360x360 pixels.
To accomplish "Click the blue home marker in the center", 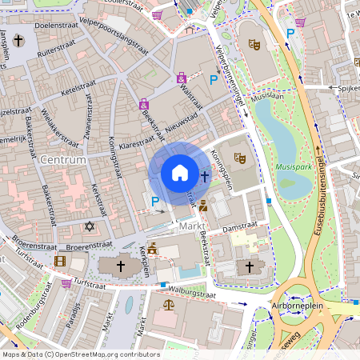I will point(180,172).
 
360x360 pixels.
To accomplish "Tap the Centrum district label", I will point(62,161).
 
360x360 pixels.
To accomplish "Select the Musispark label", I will point(293,168).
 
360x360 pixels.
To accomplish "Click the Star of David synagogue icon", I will point(90,227).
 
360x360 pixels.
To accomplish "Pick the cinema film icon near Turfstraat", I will point(60,261).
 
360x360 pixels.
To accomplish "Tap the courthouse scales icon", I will point(168,305).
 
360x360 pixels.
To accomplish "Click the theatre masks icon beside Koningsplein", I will point(238,158).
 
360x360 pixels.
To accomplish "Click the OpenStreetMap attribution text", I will point(81,354).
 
